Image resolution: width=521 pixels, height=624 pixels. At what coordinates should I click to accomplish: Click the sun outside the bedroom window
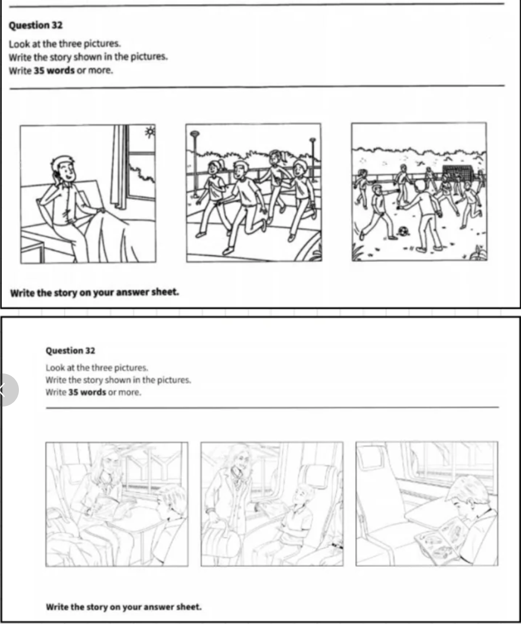[150, 132]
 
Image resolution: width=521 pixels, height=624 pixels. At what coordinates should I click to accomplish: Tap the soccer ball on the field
[402, 231]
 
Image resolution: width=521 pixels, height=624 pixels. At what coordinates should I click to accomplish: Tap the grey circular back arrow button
[5, 390]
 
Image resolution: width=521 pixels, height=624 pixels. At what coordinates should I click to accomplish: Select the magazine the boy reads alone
[438, 540]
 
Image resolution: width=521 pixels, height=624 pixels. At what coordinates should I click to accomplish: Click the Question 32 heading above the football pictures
[35, 25]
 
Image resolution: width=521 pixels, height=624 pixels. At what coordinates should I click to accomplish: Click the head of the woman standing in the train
[239, 457]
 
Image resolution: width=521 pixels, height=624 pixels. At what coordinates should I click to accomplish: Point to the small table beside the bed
[32, 249]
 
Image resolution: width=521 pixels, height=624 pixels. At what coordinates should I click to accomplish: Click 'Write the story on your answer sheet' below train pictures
[123, 607]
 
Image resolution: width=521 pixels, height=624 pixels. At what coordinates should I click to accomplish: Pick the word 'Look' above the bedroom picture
[19, 43]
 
